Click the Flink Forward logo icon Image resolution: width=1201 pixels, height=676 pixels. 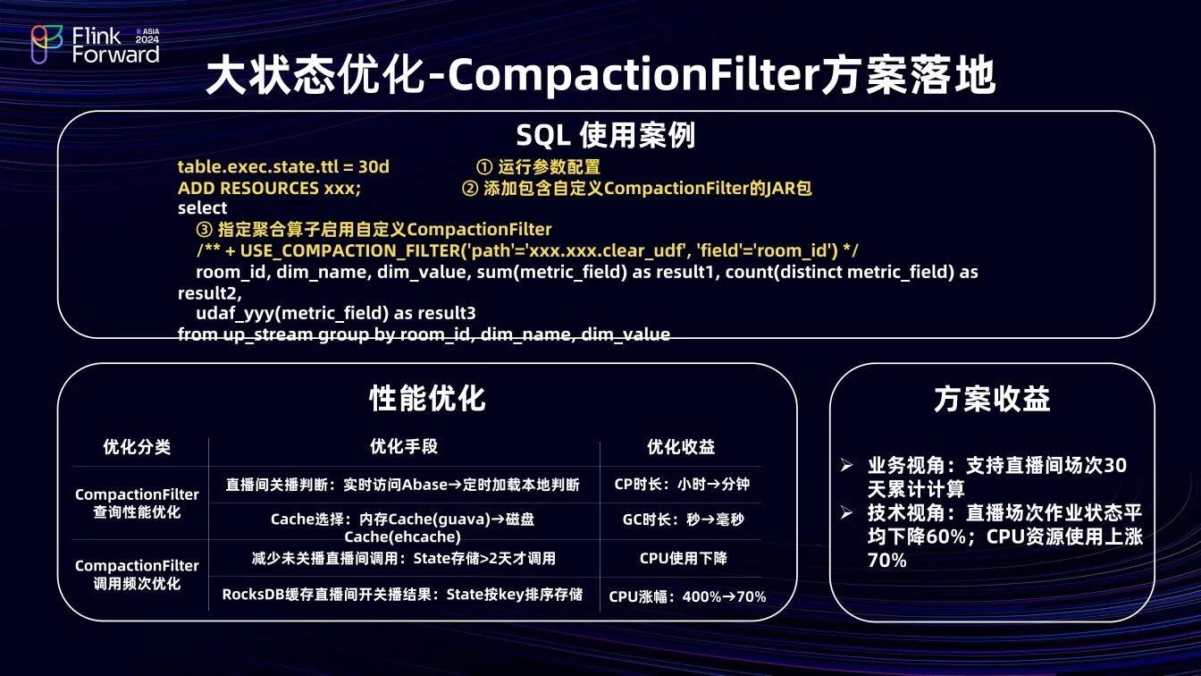pyautogui.click(x=46, y=45)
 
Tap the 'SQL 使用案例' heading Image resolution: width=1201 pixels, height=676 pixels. pyautogui.click(x=606, y=135)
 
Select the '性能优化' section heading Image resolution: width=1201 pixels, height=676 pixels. pyautogui.click(x=427, y=399)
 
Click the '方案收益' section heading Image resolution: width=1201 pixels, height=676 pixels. pyautogui.click(x=992, y=399)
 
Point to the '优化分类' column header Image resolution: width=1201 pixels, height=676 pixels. pyautogui.click(x=137, y=446)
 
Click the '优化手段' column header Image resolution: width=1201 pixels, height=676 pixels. pyautogui.click(x=404, y=446)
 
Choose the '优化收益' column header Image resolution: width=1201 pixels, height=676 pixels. pyautogui.click(x=681, y=446)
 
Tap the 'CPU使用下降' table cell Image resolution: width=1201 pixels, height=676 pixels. pyautogui.click(x=683, y=559)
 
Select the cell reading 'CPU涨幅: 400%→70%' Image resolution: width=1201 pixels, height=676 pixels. pyautogui.click(x=687, y=596)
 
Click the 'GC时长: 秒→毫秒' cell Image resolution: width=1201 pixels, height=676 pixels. pyautogui.click(x=683, y=520)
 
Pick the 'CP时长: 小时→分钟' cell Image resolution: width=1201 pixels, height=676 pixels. pyautogui.click(x=682, y=484)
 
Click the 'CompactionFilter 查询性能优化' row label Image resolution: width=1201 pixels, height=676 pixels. pyautogui.click(x=137, y=503)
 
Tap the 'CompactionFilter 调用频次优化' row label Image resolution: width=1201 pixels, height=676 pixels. pyautogui.click(x=137, y=575)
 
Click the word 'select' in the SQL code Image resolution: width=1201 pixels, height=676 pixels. pyautogui.click(x=202, y=208)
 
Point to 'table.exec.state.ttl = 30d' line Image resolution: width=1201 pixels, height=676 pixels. pyautogui.click(x=283, y=167)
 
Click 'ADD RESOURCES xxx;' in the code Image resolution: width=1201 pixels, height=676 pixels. pyautogui.click(x=269, y=189)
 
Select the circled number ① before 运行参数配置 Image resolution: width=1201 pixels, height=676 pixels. pyautogui.click(x=484, y=167)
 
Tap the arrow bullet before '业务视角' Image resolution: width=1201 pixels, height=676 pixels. pyautogui.click(x=847, y=465)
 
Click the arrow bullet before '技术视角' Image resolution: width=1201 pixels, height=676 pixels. pyautogui.click(x=847, y=513)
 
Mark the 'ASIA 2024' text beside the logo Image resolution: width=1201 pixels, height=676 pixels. pyautogui.click(x=147, y=36)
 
